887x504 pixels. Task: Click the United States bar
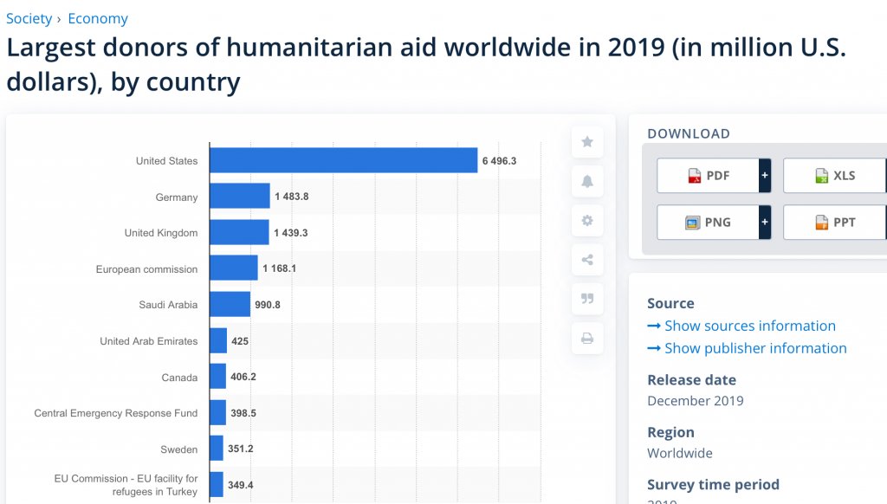click(343, 160)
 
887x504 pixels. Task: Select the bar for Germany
click(240, 197)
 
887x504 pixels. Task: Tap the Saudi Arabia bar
click(230, 304)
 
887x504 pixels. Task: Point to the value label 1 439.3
click(291, 233)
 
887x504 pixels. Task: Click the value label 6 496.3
click(500, 161)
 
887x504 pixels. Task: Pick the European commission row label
click(146, 269)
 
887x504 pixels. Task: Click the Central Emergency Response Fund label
click(116, 413)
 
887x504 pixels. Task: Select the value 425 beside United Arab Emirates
click(240, 341)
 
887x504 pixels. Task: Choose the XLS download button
click(834, 176)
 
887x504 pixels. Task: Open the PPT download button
click(834, 223)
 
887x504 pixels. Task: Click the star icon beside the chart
click(587, 141)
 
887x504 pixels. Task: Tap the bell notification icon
click(587, 181)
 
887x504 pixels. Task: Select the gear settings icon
click(587, 221)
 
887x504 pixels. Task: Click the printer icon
click(587, 338)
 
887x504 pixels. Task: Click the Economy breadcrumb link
click(98, 18)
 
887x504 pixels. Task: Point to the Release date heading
click(691, 379)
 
